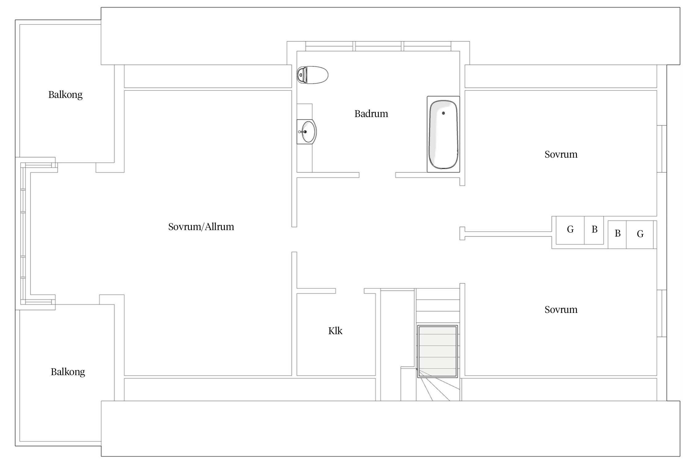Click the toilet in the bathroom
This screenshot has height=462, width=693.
coord(312,75)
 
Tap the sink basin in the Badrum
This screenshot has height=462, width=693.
coord(309,132)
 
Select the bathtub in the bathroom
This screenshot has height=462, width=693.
coord(443,134)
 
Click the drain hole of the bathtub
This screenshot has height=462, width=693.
coord(443,113)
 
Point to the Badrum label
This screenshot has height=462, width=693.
coord(371,114)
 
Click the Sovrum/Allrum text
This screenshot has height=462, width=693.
coord(201,227)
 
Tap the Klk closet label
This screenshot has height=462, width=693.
coord(335,331)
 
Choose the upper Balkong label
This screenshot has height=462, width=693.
coord(65,95)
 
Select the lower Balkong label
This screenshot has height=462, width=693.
coord(68,372)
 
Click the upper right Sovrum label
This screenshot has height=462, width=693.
coord(561,154)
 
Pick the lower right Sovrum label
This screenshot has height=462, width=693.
coord(561,310)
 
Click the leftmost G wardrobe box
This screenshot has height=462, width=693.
coord(570,230)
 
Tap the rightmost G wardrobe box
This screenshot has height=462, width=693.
coord(640,234)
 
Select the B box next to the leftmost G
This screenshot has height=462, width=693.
coord(594,230)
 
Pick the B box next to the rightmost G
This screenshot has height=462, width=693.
coord(617,234)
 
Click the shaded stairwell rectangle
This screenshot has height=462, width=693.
coord(437,351)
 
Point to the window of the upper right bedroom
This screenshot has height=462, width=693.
coord(662,149)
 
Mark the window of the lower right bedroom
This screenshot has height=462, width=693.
coord(662,313)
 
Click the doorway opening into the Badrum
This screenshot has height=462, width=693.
coord(377,175)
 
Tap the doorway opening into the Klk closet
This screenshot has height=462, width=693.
coord(350,291)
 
